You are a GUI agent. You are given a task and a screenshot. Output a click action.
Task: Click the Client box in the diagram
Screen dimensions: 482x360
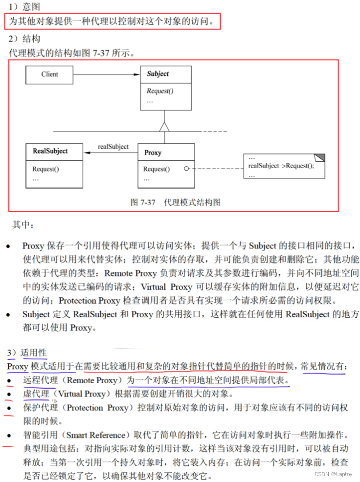(x=49, y=74)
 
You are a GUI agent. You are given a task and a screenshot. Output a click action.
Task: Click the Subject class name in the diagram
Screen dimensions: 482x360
(x=157, y=74)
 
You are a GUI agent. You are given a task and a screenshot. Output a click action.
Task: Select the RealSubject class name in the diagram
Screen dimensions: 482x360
(x=50, y=151)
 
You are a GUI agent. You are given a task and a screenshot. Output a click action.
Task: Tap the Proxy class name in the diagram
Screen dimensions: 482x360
(x=153, y=153)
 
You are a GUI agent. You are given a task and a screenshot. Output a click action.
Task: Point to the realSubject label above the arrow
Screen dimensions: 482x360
(x=113, y=146)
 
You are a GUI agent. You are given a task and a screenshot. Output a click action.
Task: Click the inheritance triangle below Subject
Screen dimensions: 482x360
(x=165, y=127)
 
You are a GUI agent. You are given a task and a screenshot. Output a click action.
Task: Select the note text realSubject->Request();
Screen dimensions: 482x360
(x=281, y=166)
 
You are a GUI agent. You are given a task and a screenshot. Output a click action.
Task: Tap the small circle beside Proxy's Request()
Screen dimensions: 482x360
(x=186, y=169)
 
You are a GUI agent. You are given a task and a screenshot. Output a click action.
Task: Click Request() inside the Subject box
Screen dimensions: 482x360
(x=160, y=91)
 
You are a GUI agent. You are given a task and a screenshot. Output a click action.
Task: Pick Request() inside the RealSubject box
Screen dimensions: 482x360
(x=45, y=169)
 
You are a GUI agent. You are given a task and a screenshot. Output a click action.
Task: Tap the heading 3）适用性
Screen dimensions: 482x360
(x=26, y=352)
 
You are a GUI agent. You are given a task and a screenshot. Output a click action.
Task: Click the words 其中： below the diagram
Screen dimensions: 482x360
(x=23, y=225)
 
